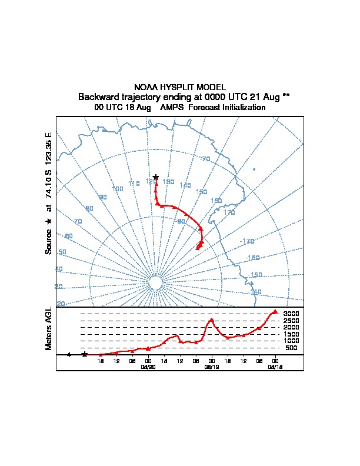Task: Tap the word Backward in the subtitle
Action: click(x=99, y=97)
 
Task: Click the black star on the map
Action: click(x=156, y=177)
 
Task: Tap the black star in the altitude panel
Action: click(x=84, y=354)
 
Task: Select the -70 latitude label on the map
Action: click(x=205, y=159)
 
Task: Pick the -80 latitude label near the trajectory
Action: click(x=181, y=221)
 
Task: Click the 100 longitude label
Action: click(x=118, y=189)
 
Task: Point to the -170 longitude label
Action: click(x=247, y=241)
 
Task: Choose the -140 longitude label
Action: click(x=255, y=292)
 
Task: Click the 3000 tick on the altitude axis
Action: click(x=291, y=314)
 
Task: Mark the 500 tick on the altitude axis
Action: click(x=291, y=348)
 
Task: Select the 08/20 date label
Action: click(x=148, y=366)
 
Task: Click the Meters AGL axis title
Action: click(x=49, y=329)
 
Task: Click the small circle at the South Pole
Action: click(x=155, y=283)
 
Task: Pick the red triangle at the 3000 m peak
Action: click(x=275, y=312)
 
